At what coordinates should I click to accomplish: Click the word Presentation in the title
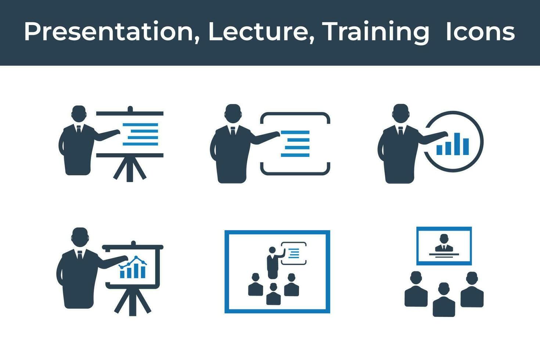(109, 32)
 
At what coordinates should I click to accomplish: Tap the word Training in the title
(376, 32)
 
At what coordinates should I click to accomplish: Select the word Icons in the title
(480, 32)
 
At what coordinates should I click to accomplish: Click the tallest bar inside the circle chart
(457, 144)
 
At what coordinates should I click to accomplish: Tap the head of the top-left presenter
(79, 114)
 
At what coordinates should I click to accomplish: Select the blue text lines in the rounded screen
(295, 144)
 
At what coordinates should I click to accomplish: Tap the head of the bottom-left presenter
(80, 237)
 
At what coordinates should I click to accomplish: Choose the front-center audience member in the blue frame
(273, 294)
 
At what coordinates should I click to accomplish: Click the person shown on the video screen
(444, 244)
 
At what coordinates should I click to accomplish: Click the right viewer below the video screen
(472, 290)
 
